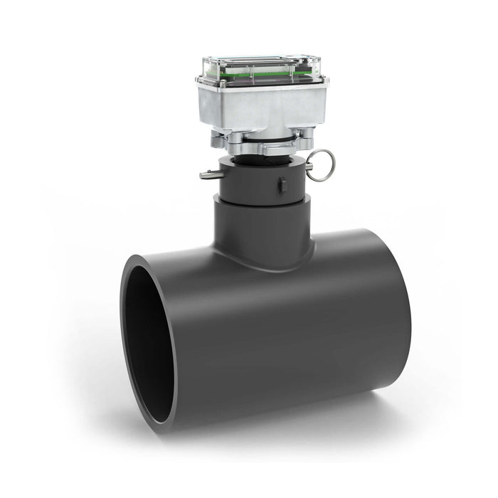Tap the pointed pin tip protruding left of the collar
[204, 174]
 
